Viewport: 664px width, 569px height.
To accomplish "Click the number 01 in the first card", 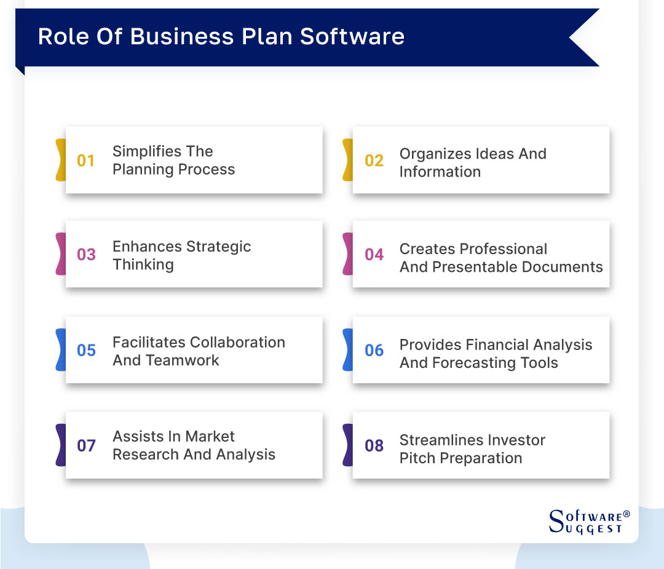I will pyautogui.click(x=86, y=161).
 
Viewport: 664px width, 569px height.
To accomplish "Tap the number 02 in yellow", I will pyautogui.click(x=374, y=161).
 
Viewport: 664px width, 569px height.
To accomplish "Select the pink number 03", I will pyautogui.click(x=86, y=255).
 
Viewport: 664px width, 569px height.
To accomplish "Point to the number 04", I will pyautogui.click(x=374, y=255).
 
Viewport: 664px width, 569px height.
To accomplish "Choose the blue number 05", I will pyautogui.click(x=86, y=351).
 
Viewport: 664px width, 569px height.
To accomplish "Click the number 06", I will pyautogui.click(x=374, y=351).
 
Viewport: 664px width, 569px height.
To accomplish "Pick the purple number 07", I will pyautogui.click(x=86, y=445).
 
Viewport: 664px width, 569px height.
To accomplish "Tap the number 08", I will pyautogui.click(x=374, y=445).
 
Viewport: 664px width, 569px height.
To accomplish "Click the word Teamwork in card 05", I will pyautogui.click(x=183, y=360).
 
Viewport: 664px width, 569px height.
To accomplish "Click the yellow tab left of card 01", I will pyautogui.click(x=60, y=160).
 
